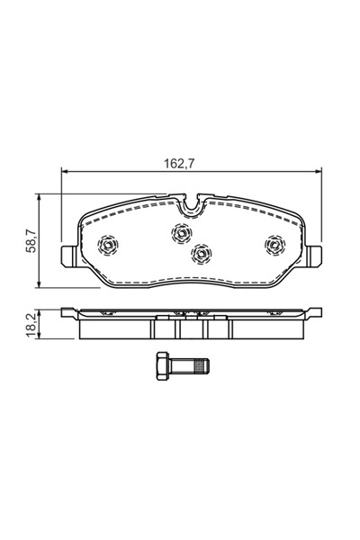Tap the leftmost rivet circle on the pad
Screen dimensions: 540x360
tap(107, 244)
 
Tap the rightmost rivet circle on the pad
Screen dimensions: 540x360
tap(273, 243)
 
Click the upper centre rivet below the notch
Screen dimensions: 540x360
tap(179, 231)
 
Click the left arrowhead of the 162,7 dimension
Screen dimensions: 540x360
tap(64, 173)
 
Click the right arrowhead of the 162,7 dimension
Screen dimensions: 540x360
tap(318, 173)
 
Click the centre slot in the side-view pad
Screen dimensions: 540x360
tap(190, 328)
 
